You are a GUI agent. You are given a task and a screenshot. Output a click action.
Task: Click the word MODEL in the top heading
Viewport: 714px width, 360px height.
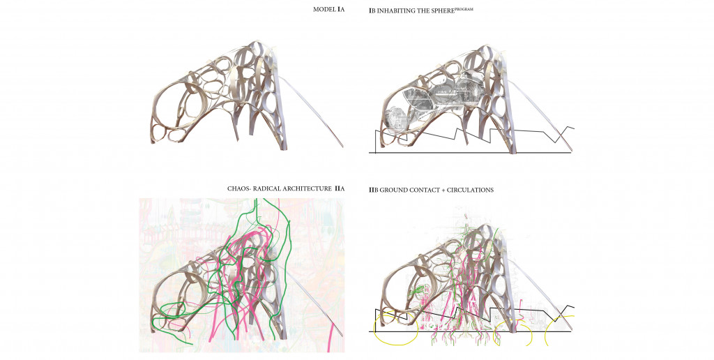pos(324,9)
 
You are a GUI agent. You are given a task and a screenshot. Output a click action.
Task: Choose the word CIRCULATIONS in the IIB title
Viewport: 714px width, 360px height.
pos(470,190)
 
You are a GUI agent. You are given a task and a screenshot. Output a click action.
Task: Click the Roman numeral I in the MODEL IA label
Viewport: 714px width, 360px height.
pos(339,9)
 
